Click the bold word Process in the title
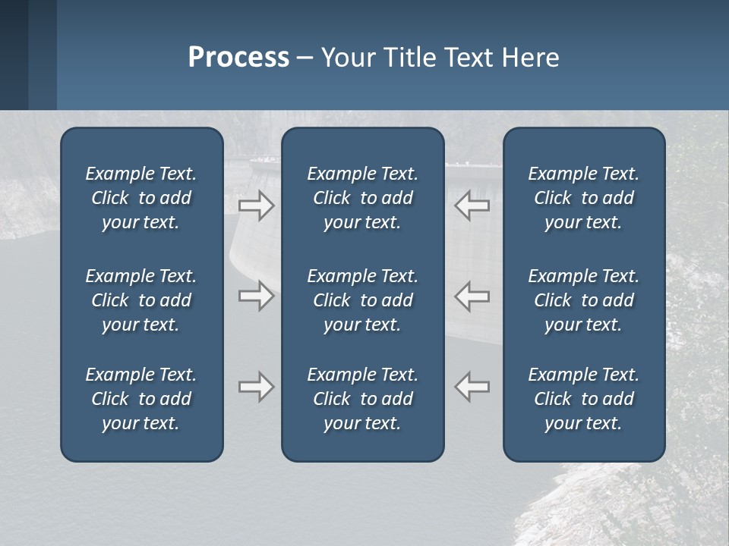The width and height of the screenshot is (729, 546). (238, 58)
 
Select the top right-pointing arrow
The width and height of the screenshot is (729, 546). (257, 206)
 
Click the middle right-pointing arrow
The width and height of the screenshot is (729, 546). (257, 296)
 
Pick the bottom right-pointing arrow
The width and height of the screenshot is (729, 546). (257, 387)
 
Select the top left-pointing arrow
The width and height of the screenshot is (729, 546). (472, 206)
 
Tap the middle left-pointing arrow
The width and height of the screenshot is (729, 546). (472, 296)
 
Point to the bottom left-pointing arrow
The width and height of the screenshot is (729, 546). (472, 387)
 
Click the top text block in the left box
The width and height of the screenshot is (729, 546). (141, 198)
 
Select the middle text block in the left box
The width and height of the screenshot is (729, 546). (141, 300)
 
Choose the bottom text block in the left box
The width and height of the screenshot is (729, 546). (141, 399)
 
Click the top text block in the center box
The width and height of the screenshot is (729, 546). (362, 198)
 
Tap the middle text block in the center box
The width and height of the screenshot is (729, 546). (362, 300)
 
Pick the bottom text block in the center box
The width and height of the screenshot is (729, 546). (362, 399)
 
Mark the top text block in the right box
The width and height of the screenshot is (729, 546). (583, 198)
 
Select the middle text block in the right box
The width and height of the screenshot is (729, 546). (583, 300)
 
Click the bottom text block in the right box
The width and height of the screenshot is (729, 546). (583, 399)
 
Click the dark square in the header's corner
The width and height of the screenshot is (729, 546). (14, 55)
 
